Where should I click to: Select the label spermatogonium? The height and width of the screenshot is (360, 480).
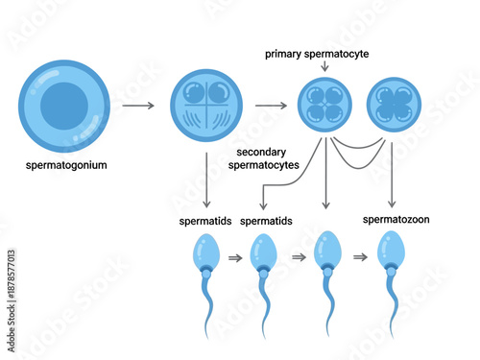[x=66, y=165]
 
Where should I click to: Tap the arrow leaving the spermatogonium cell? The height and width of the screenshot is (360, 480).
[x=138, y=106]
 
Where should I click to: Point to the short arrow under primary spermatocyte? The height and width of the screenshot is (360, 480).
[x=325, y=66]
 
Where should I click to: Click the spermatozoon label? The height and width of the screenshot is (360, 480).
[x=396, y=219]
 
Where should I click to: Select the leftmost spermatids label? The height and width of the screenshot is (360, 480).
[x=204, y=221]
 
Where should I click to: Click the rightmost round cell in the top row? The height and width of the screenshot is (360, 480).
[x=394, y=106]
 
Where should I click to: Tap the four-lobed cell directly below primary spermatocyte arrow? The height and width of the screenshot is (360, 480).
[x=325, y=106]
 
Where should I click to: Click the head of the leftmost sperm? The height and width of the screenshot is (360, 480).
[x=204, y=253]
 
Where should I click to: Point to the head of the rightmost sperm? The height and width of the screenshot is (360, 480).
[x=391, y=253]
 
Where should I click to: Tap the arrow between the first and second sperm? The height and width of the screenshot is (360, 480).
[x=234, y=258]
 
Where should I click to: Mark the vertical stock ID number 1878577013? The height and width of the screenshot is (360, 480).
[x=11, y=284]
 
